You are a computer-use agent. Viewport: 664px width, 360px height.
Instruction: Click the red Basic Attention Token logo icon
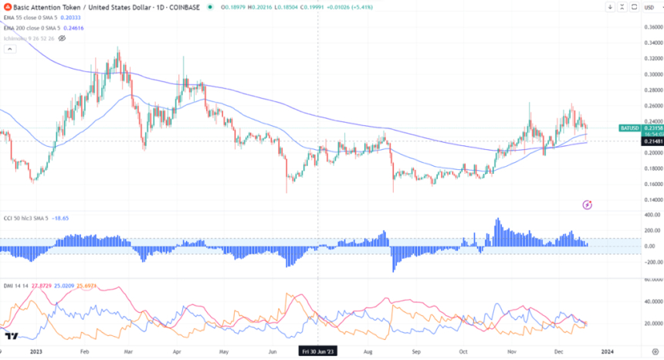click(x=7, y=7)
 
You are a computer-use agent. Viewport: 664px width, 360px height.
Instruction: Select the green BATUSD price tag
click(x=629, y=127)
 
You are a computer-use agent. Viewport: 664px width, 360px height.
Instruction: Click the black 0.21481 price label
click(x=652, y=141)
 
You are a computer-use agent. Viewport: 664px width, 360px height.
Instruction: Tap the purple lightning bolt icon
click(x=588, y=204)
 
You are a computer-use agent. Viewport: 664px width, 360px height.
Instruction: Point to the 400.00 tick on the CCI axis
click(x=653, y=215)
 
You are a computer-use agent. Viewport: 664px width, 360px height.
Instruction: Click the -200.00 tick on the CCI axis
click(x=653, y=263)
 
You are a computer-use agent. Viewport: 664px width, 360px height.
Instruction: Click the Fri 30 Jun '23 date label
click(x=318, y=350)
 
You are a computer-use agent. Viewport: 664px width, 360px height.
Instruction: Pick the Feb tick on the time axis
click(x=85, y=350)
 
